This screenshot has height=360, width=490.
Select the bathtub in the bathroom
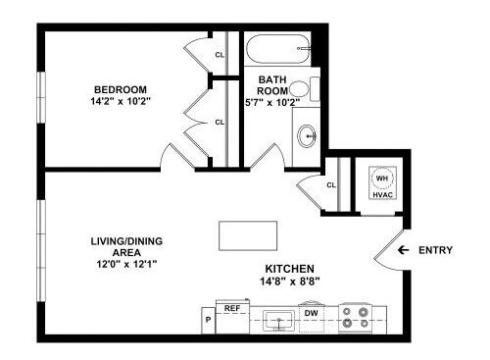[x=276, y=48]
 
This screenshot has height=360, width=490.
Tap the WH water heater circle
[x=382, y=179]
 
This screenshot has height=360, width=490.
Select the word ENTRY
[x=435, y=250]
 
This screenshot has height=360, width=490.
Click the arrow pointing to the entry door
[x=403, y=250]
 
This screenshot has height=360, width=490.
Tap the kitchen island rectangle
[x=248, y=236]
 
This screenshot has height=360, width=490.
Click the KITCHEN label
[x=289, y=269]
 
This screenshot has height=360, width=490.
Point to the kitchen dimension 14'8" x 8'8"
[x=289, y=282]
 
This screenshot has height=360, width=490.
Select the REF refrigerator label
[x=233, y=308]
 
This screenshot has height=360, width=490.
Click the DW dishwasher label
[x=311, y=313]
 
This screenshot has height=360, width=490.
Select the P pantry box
[x=208, y=318]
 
